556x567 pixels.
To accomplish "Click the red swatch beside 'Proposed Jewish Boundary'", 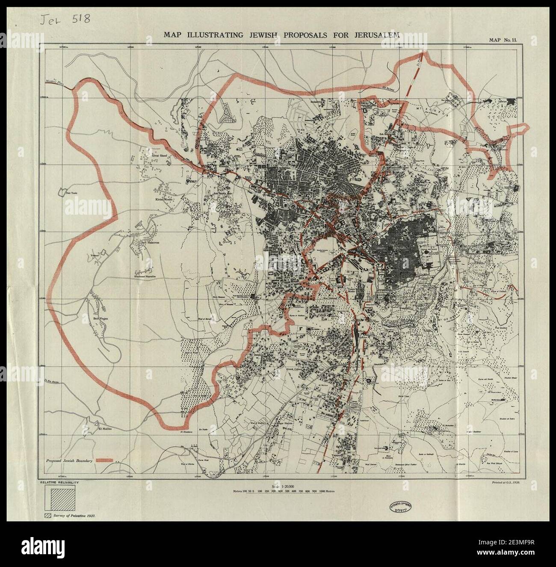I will (x=105, y=460).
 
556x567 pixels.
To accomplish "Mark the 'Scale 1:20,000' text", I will (x=283, y=487).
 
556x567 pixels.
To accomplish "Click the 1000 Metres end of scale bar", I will (x=325, y=492).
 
